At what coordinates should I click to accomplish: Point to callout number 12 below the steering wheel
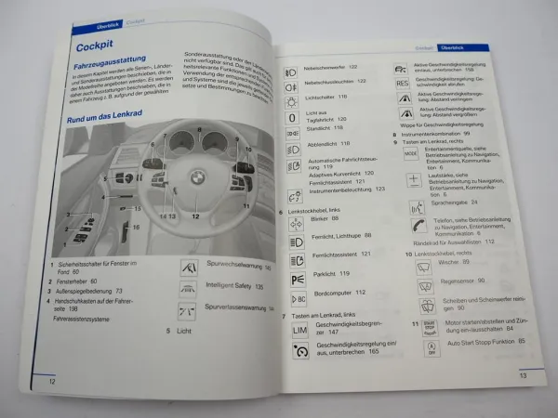tap(195, 216)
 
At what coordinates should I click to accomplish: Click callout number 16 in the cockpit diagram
tap(135, 227)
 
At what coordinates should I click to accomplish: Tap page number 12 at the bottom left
tap(53, 381)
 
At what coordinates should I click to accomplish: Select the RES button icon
tap(403, 83)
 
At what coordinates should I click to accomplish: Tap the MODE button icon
tap(411, 153)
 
